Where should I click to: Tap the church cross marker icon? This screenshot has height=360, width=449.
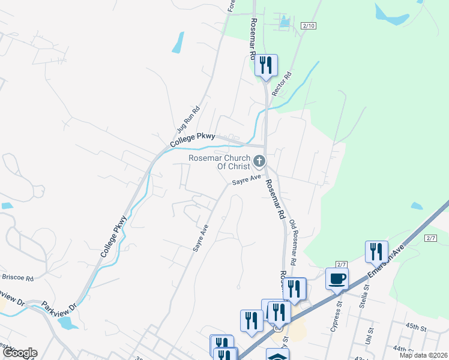click(259, 161)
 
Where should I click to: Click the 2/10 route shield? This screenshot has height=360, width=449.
click(309, 25)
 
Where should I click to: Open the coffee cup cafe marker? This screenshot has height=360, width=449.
click(337, 278)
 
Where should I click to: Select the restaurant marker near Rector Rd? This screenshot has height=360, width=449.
click(266, 65)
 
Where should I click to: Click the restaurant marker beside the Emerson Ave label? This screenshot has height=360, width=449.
click(376, 251)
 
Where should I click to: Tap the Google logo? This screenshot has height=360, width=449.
click(19, 353)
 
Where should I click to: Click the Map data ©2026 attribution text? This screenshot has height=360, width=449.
click(423, 355)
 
